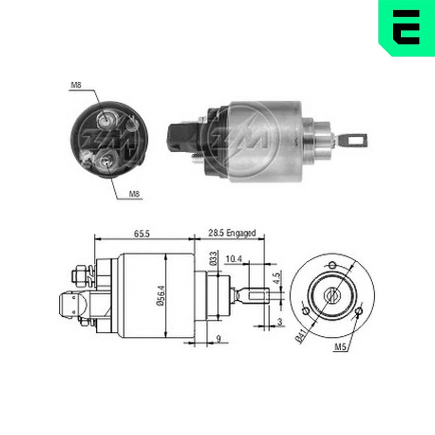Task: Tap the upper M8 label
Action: (76, 85)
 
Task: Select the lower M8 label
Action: (135, 194)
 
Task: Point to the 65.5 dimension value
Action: (141, 234)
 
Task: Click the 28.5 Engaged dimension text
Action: (231, 234)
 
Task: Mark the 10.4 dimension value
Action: (234, 259)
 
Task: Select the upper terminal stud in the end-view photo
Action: (106, 119)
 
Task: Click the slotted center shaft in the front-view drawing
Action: (332, 296)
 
